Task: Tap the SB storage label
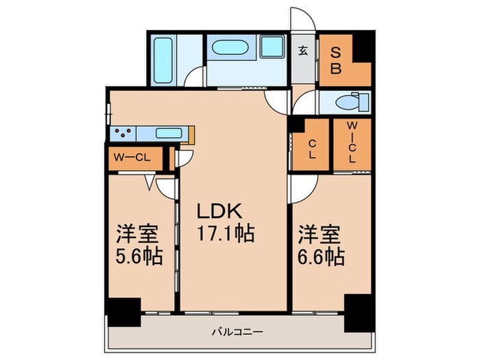[x=337, y=60]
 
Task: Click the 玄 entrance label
[x=302, y=51]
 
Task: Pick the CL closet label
[x=311, y=148]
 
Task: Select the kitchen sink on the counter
[x=167, y=133]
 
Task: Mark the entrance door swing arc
[x=302, y=19]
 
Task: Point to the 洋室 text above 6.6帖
[x=320, y=234]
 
